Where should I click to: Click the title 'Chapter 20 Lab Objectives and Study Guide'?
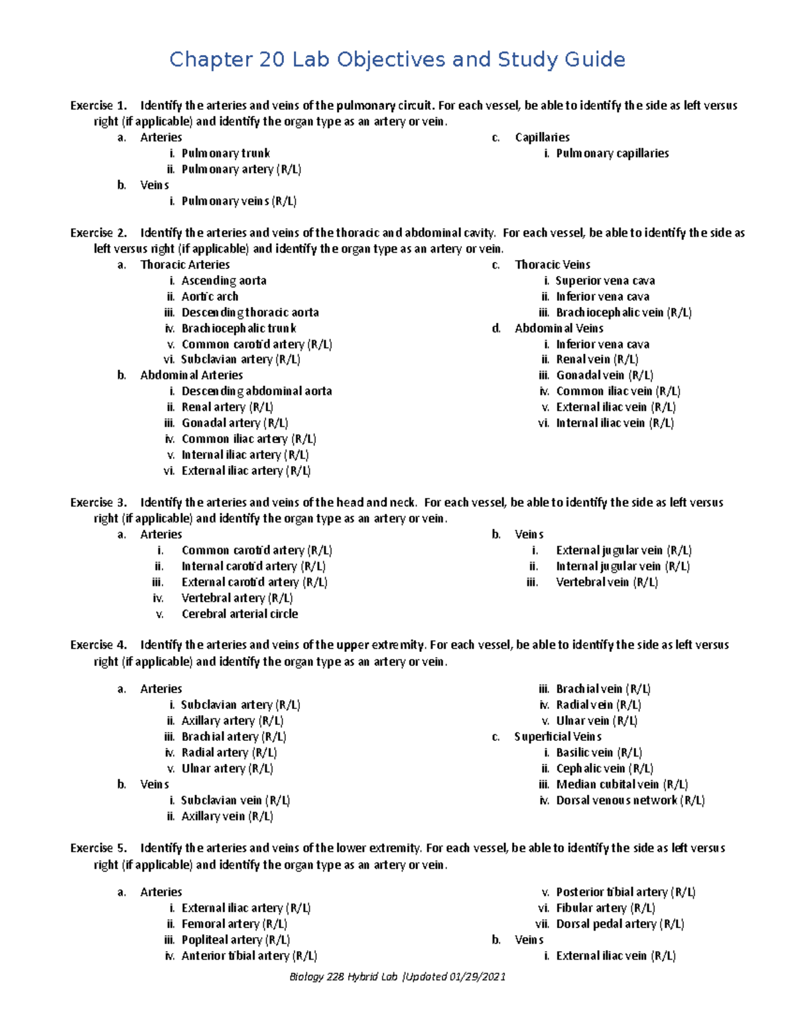pos(397,60)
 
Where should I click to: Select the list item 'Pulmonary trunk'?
pos(226,153)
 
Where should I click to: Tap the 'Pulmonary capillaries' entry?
pos(612,153)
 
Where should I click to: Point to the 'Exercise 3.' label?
pos(98,503)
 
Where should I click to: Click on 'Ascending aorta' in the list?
pos(224,281)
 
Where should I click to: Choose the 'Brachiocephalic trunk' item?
pos(239,328)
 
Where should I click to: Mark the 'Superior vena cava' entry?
pos(605,281)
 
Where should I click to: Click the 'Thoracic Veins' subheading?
pos(552,265)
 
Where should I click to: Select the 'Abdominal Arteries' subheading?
pos(191,375)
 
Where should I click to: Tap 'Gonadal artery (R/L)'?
pos(234,423)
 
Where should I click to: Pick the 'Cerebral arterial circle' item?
pos(239,614)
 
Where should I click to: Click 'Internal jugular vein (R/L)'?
pos(622,566)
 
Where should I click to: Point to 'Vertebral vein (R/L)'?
pos(606,582)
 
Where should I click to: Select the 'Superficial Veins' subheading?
pos(557,737)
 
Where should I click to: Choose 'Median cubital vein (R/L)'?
pos(622,785)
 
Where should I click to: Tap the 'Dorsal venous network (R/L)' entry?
pos(630,801)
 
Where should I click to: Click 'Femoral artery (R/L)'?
pos(234,924)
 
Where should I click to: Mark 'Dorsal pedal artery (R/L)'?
pos(620,924)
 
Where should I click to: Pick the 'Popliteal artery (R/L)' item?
pos(235,940)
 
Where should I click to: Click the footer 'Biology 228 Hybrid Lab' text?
pos(344,977)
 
